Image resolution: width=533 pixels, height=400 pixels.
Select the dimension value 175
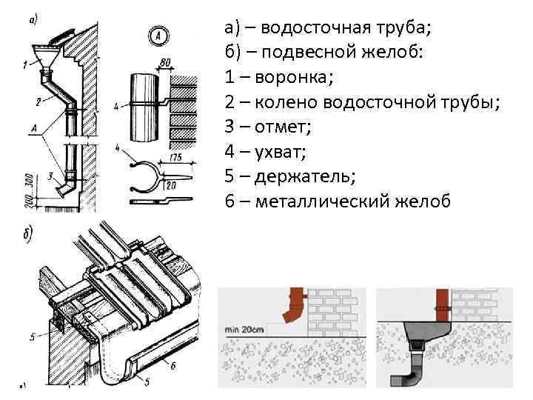click(x=177, y=157)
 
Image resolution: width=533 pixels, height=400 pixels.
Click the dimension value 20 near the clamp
click(x=172, y=186)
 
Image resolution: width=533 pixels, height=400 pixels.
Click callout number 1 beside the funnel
click(x=24, y=64)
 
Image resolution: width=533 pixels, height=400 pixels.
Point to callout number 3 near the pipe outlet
click(x=49, y=176)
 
